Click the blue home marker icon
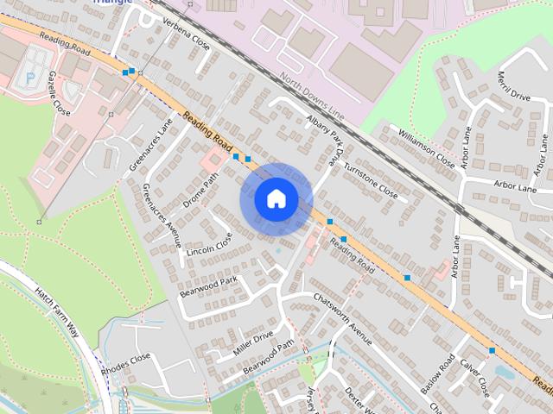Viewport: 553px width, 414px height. [276, 199]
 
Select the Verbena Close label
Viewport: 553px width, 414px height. [187, 33]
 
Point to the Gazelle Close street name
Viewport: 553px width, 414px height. [60, 94]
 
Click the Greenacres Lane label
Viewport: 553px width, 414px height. [139, 145]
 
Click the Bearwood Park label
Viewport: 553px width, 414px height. [208, 285]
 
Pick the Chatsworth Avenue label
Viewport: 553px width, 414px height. [343, 319]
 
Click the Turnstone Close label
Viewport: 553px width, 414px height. [370, 179]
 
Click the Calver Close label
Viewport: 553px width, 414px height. [474, 377]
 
